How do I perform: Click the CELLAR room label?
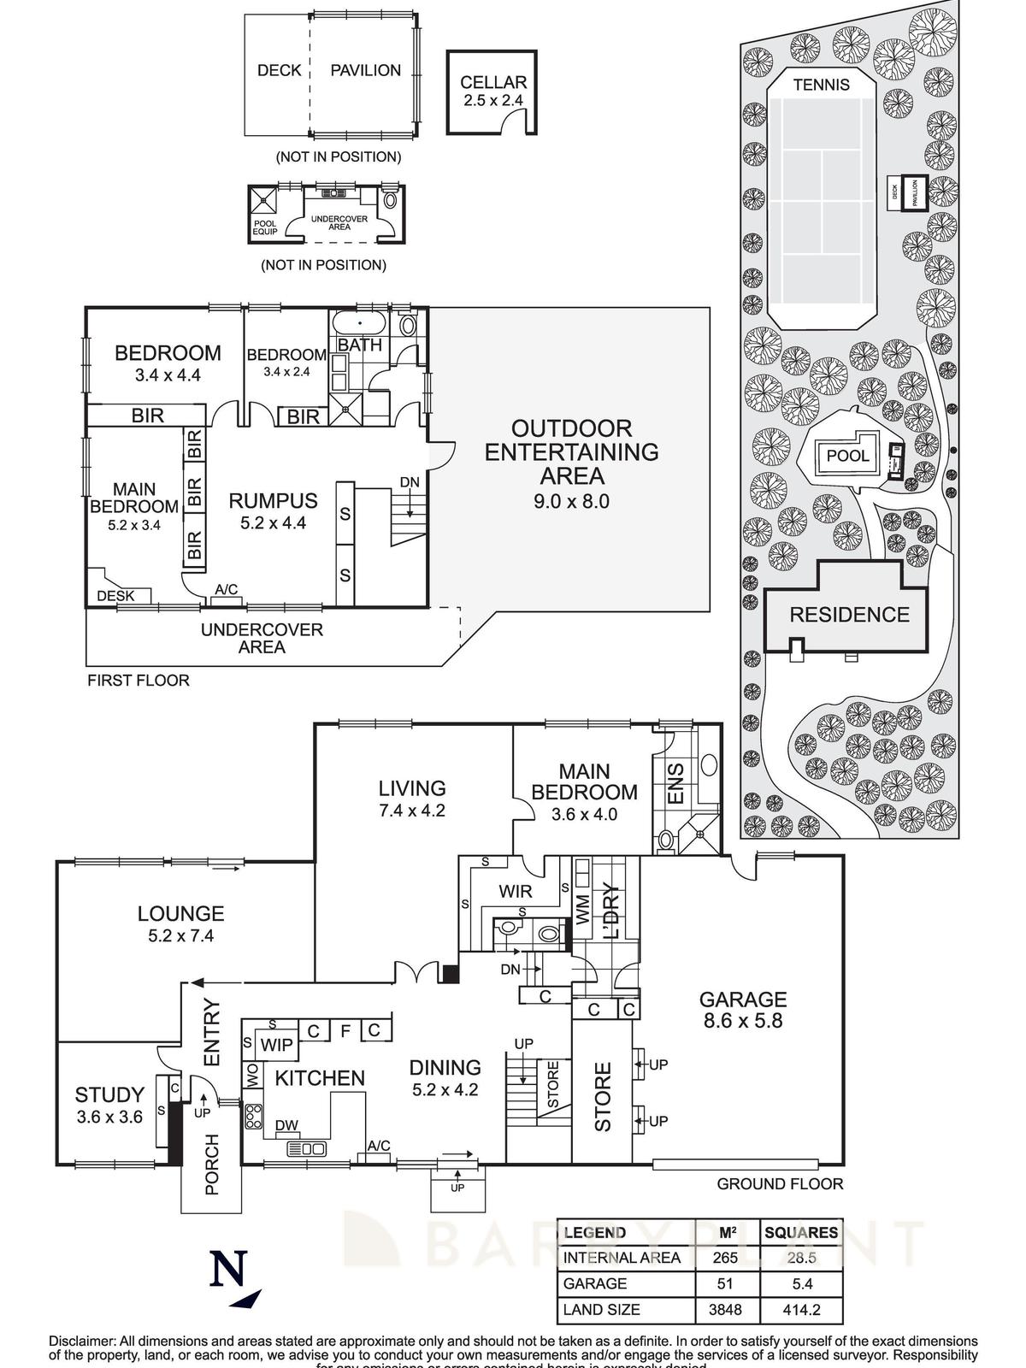tap(493, 83)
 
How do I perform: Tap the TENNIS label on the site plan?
tap(821, 85)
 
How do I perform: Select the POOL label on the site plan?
tap(847, 456)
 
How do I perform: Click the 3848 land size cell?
tap(725, 1309)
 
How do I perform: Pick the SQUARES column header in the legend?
tap(801, 1232)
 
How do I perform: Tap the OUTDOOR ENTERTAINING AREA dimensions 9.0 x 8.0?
tap(571, 501)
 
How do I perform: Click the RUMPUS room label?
tap(273, 501)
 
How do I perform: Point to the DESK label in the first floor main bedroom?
tap(115, 596)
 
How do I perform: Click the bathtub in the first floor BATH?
tap(359, 324)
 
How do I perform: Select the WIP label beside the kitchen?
tap(276, 1045)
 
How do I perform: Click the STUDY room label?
tap(109, 1094)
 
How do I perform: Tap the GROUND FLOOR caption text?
tap(780, 1184)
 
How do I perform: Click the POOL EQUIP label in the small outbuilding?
tap(264, 227)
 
